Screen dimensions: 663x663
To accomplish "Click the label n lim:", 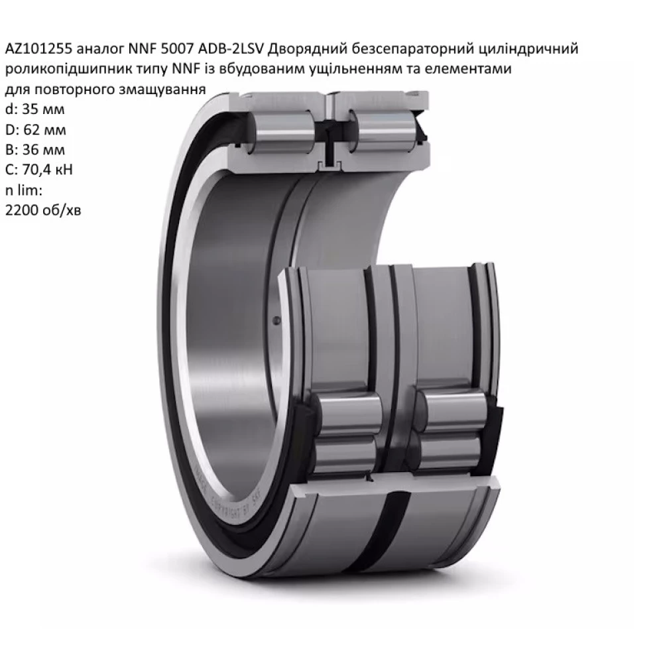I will [24, 190].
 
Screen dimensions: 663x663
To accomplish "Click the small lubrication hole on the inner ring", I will [276, 322].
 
